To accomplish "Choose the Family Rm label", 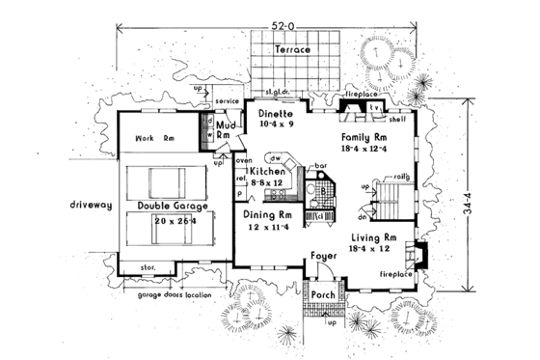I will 364,139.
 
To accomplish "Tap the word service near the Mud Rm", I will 227,100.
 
